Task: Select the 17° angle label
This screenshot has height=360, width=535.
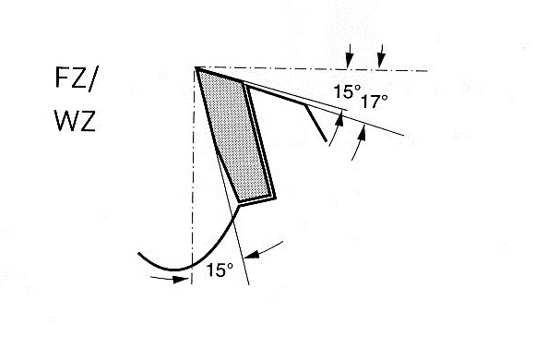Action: point(374,102)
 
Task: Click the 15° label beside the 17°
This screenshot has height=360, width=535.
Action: point(347,92)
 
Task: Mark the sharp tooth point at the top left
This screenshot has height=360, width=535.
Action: point(196,68)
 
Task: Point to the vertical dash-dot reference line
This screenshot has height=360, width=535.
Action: point(192,175)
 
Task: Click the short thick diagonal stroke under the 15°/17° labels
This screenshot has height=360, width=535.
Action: point(315,122)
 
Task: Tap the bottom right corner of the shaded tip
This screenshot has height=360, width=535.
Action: point(274,197)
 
